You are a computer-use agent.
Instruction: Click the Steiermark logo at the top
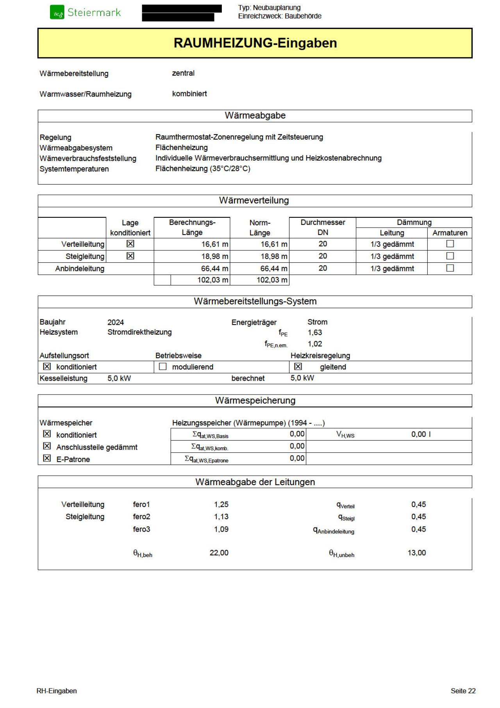pos(86,13)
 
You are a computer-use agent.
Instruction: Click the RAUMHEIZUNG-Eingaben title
pos(255,43)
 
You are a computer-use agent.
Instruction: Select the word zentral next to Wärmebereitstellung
pos(183,73)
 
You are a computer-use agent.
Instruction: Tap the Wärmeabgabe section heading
pos(255,116)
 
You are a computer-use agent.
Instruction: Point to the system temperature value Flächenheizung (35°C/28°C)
pos(203,169)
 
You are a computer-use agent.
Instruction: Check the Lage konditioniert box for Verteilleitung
pos(130,244)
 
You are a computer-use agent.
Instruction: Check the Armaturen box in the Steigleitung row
pos(450,256)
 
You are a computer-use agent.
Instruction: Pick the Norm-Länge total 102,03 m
pos(272,280)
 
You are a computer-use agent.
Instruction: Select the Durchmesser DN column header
pos(323,228)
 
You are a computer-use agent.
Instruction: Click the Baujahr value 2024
pos(116,323)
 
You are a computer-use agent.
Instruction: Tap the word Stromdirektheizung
pos(139,332)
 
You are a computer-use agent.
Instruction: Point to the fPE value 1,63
pos(315,333)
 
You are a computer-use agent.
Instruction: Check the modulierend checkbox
pos(163,367)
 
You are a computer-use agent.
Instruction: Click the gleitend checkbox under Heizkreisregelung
pos(298,367)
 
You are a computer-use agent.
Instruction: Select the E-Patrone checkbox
pos(47,459)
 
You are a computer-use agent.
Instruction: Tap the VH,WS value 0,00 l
pos(421,434)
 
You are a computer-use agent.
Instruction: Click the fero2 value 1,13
pos(221,517)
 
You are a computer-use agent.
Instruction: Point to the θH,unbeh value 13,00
pos(417,553)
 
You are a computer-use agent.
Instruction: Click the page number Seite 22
pos(463,691)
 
